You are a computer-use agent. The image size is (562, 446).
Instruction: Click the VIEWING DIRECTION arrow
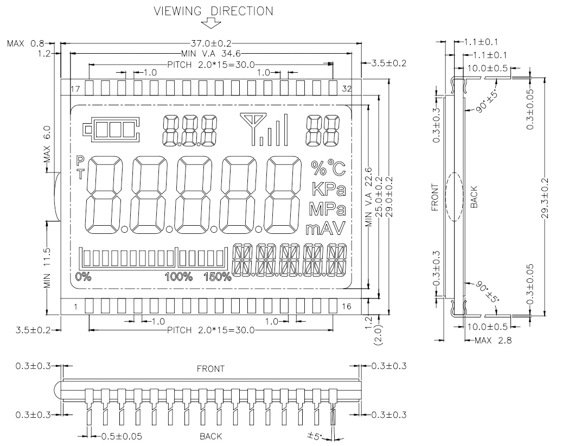click(x=210, y=24)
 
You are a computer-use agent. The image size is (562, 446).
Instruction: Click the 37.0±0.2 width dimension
click(x=210, y=44)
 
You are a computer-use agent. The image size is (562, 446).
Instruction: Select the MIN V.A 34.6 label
click(x=210, y=54)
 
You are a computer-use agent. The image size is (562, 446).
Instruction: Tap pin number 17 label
click(x=75, y=88)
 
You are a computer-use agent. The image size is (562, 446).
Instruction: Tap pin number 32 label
click(x=347, y=88)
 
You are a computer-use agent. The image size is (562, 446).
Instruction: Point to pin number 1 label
click(x=75, y=307)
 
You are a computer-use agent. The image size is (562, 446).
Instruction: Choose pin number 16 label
click(x=347, y=307)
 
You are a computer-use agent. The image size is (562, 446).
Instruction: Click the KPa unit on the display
click(x=329, y=189)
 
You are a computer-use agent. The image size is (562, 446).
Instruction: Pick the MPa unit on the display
click(x=327, y=209)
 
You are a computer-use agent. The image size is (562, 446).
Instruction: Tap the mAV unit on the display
click(x=325, y=228)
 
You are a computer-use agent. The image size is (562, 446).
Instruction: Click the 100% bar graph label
click(x=178, y=277)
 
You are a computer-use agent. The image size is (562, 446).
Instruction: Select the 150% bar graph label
click(x=218, y=277)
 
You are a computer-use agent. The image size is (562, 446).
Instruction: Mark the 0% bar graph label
click(x=83, y=277)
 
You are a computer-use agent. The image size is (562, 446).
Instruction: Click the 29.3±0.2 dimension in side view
click(x=545, y=198)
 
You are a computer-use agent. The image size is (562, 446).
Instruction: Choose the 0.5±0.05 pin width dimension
click(x=122, y=436)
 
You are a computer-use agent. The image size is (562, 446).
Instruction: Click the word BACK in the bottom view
click(x=210, y=436)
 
